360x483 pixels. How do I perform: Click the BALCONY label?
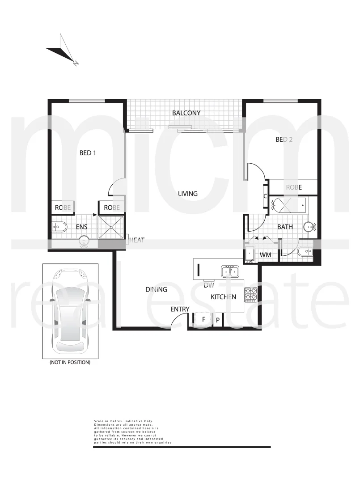coord(186,113)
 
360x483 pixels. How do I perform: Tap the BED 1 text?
coord(88,153)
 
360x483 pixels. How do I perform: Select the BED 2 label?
coord(284,140)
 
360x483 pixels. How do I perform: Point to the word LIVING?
coord(188,194)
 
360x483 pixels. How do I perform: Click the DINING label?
coord(156,289)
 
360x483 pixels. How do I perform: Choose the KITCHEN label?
coord(223,297)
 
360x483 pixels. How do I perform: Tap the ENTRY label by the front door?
coord(180,309)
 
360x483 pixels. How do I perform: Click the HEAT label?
coord(137,241)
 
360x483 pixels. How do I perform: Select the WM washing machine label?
coord(266,254)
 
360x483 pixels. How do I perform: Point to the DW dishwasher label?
coord(208,285)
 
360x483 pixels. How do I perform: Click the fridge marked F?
coord(203,319)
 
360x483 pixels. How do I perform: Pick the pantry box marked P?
coord(218,320)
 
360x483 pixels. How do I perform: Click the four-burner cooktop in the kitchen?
coord(250,293)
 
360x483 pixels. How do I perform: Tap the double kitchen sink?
coord(230,271)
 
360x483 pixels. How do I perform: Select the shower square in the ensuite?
coord(111,227)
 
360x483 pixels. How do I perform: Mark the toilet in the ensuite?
coord(59,227)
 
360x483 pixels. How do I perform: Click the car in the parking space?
coord(71,311)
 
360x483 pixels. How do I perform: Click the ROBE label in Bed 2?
coord(294,187)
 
